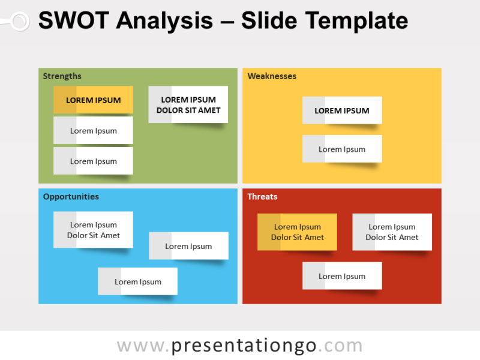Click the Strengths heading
tap(62, 76)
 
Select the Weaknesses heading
tap(272, 76)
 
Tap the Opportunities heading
tap(71, 197)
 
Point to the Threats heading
tap(262, 197)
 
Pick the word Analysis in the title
tap(164, 22)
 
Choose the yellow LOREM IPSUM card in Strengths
tap(93, 100)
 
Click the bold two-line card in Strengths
tap(188, 105)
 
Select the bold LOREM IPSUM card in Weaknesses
tap(342, 110)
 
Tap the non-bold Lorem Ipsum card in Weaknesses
tap(342, 149)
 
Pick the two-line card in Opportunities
tap(93, 230)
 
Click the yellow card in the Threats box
tap(297, 232)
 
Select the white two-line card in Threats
tap(392, 232)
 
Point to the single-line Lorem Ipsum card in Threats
tap(342, 277)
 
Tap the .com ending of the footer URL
tap(340, 346)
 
